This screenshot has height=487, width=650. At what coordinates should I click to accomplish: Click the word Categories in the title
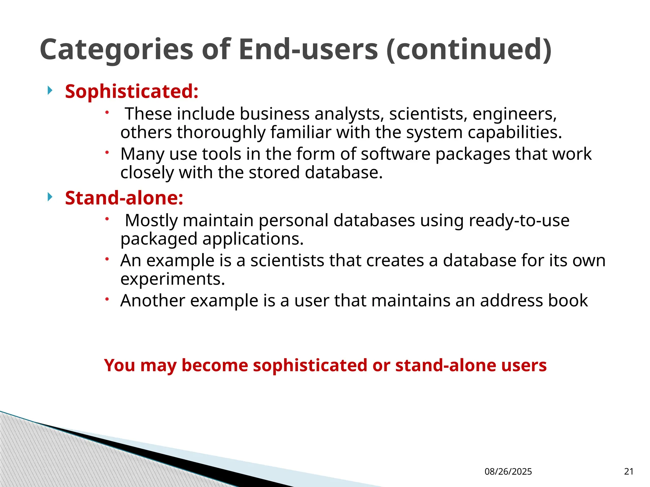click(116, 50)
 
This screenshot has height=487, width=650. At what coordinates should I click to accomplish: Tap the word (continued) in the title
click(469, 49)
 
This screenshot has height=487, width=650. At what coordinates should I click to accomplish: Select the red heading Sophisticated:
click(132, 92)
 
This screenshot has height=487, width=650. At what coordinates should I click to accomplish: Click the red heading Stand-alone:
click(124, 198)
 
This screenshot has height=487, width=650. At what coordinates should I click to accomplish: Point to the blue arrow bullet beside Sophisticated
click(50, 91)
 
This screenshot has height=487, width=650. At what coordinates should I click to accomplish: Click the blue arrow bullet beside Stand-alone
click(50, 197)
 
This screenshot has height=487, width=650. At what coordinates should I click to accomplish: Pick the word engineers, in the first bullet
click(514, 114)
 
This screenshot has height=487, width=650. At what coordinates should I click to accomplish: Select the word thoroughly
click(221, 133)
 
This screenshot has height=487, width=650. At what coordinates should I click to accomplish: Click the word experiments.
click(173, 279)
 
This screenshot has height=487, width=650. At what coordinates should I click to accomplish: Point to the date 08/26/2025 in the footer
click(508, 472)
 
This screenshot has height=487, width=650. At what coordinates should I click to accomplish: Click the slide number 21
click(628, 472)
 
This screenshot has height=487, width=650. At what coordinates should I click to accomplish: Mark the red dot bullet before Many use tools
click(107, 153)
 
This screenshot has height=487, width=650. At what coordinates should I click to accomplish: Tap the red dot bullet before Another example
click(107, 299)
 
